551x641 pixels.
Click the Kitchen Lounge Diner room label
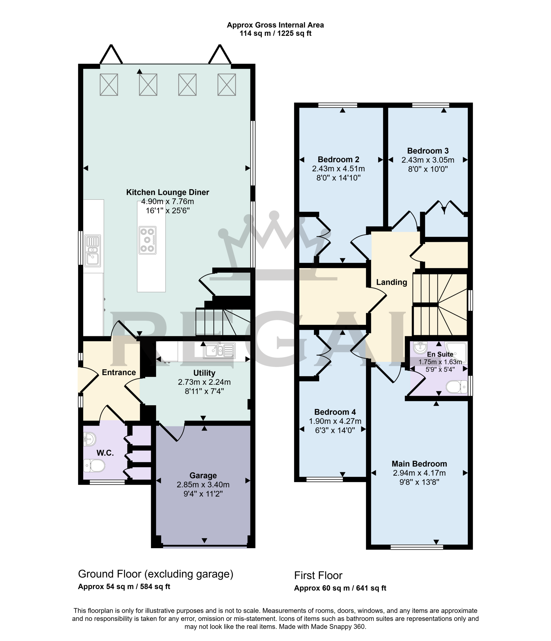(x=167, y=192)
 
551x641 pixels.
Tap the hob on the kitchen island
(x=148, y=240)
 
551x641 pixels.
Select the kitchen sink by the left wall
(x=93, y=251)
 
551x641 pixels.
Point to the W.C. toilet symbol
(x=94, y=465)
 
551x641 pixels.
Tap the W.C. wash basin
(x=90, y=439)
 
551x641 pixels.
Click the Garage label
(x=203, y=475)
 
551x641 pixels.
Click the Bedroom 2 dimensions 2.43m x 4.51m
(x=338, y=169)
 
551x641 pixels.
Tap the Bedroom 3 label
(x=428, y=151)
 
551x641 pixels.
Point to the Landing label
(x=391, y=282)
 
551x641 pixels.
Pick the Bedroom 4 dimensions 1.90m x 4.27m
(x=335, y=421)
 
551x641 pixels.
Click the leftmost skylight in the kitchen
(x=109, y=84)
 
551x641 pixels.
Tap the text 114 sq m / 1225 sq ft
(x=275, y=33)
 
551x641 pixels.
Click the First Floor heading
(x=318, y=575)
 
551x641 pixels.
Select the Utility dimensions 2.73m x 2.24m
(x=204, y=382)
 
